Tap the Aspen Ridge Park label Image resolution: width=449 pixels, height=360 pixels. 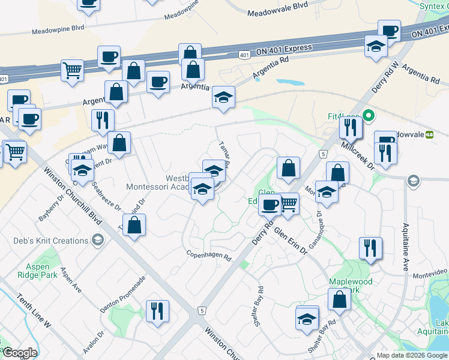click(41, 271)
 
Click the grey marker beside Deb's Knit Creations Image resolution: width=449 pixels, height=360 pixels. click(97, 241)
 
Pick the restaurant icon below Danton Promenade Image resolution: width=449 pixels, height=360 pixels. click(157, 311)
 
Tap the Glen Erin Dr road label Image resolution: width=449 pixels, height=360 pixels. click(291, 241)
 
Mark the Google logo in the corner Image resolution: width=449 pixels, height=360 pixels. click(20, 353)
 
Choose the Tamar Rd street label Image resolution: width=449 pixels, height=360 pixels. click(224, 154)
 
